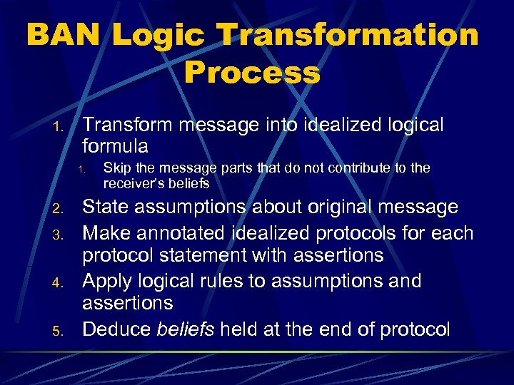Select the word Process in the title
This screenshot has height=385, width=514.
[252, 72]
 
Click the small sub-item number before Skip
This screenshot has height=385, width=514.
[82, 170]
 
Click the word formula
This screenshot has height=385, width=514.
[116, 148]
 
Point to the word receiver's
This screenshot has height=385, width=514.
[133, 184]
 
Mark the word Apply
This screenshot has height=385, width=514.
[106, 282]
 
